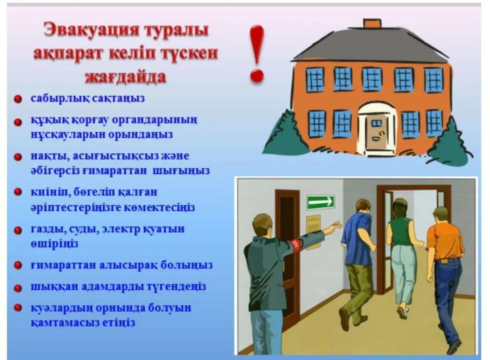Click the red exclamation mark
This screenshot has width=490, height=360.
click(257, 54)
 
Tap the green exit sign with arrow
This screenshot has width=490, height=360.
click(321, 202)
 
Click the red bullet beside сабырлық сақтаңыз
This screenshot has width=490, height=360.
click(18, 99)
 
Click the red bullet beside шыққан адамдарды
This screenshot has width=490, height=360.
click(18, 287)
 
